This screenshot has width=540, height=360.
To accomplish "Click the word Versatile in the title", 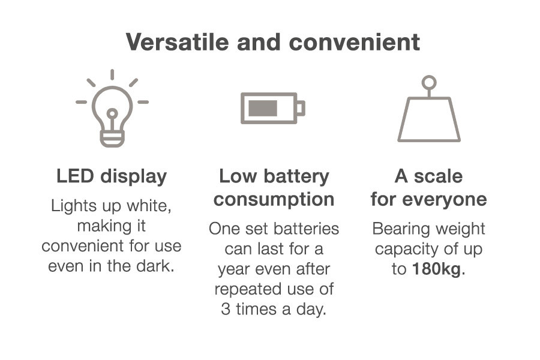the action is (178, 42).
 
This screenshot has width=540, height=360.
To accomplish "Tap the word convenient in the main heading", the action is (355, 43).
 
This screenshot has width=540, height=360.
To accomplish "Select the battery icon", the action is (273, 108).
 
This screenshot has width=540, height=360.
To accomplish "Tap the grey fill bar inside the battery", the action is (263, 108).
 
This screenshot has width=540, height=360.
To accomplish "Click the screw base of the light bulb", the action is (112, 139).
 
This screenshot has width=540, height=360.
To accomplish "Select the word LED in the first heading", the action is (75, 176).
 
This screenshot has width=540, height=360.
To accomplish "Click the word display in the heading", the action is (134, 177).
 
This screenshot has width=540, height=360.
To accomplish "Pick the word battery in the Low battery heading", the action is (296, 177).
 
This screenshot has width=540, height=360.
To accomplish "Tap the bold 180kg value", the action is (437, 269).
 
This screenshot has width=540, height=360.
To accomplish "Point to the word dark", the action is (155, 266).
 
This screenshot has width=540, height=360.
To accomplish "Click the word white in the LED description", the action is (149, 206).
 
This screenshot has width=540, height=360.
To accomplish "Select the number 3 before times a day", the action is (226, 309).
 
